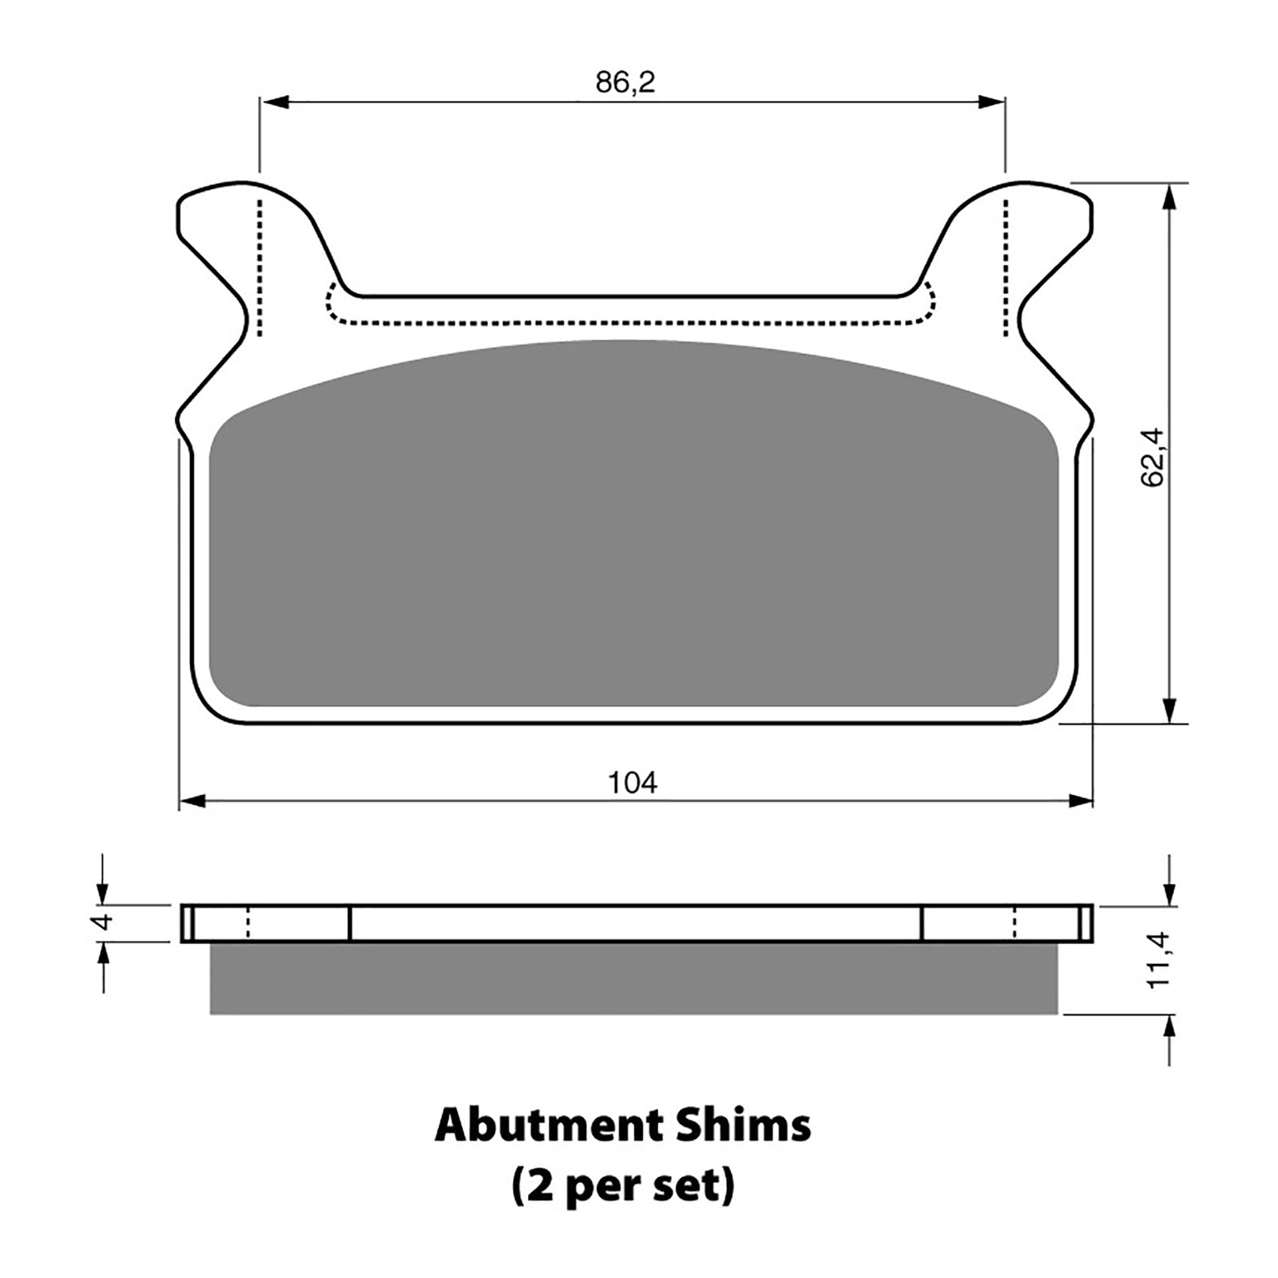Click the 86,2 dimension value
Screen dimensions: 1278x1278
tap(625, 82)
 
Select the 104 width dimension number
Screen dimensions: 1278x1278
tap(633, 783)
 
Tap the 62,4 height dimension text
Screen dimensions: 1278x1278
tap(1153, 458)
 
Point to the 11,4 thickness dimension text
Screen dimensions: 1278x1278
tap(1158, 960)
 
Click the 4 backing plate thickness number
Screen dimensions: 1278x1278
tap(103, 922)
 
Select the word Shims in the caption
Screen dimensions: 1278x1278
tap(744, 1126)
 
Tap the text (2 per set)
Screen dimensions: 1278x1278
tap(622, 1187)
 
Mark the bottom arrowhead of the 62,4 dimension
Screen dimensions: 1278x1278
tap(1169, 711)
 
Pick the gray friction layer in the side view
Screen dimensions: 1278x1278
tap(633, 978)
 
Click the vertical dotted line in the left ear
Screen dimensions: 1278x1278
tap(259, 268)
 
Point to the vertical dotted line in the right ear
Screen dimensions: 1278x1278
tap(1005, 268)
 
